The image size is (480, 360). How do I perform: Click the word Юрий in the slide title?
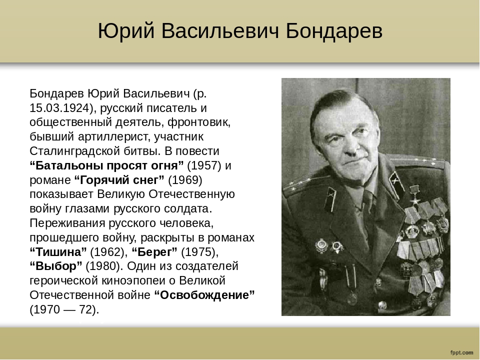pyautogui.click(x=126, y=31)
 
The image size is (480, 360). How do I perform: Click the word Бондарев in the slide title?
pyautogui.click(x=334, y=30)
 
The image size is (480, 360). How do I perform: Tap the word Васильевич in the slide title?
pyautogui.click(x=220, y=30)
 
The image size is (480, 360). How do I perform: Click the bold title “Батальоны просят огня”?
pyautogui.click(x=106, y=165)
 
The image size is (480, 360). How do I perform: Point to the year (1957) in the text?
pyautogui.click(x=204, y=165)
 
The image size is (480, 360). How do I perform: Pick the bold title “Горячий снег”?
pyautogui.click(x=119, y=180)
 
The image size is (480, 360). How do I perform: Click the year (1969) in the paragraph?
pyautogui.click(x=185, y=180)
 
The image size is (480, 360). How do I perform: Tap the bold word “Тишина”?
pyautogui.click(x=58, y=252)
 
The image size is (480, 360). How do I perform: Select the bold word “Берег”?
pyautogui.click(x=154, y=252)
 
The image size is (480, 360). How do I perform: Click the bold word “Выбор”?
pyautogui.click(x=56, y=266)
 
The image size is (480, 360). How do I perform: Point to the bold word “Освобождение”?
pyautogui.click(x=204, y=295)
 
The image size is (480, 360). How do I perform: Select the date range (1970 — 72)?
pyautogui.click(x=64, y=309)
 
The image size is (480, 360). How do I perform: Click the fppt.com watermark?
pyautogui.click(x=461, y=352)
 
